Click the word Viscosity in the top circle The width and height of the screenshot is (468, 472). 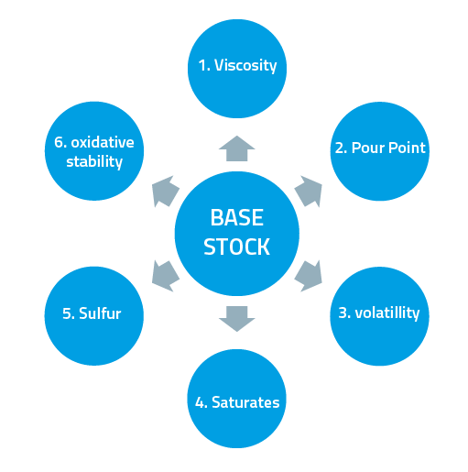245,67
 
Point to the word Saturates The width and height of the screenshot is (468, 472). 246,401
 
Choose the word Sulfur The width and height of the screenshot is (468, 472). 100,313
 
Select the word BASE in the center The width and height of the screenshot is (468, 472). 236,218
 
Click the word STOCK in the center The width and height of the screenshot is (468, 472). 236,247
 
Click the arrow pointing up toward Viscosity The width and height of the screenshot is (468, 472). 236,148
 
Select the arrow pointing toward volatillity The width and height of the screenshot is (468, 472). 309,273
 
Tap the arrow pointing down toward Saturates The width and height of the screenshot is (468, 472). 236,316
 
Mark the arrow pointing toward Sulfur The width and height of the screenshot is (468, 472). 165,273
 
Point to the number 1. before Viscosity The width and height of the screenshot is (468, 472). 204,67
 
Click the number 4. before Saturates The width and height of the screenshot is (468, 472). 201,401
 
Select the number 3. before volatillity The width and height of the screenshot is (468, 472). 344,313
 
